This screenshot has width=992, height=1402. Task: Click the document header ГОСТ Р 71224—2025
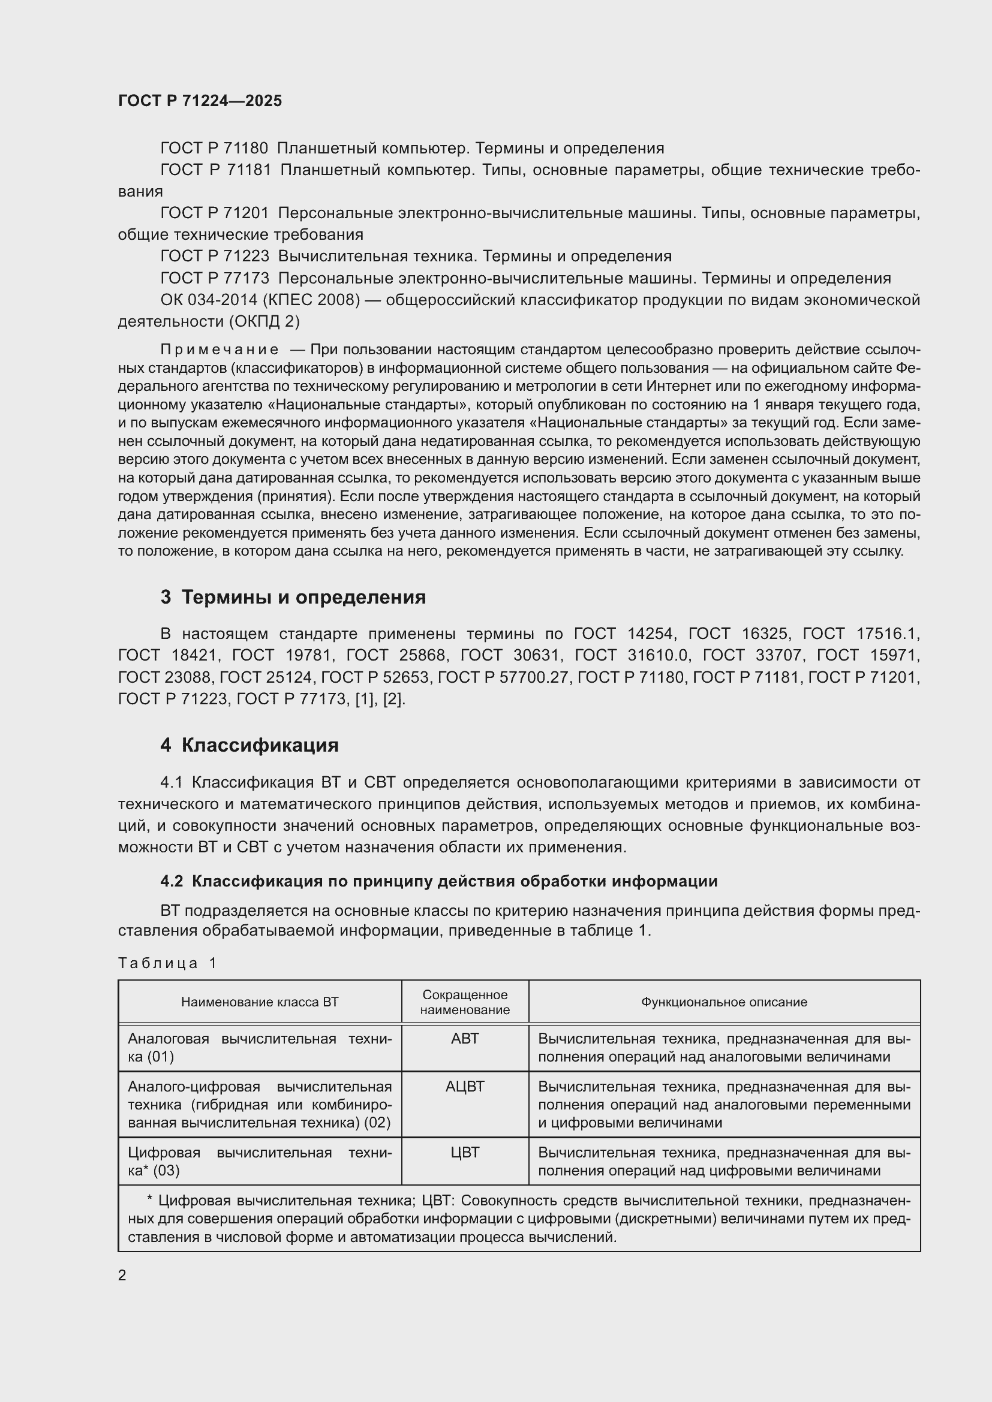pos(200,101)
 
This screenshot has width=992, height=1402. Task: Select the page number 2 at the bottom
pos(122,1275)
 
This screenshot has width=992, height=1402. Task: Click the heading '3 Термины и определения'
pos(293,596)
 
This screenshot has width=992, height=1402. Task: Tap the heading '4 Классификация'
pos(249,745)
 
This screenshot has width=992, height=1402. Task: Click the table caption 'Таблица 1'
pos(167,963)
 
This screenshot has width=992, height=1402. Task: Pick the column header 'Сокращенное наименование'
pos(465,1002)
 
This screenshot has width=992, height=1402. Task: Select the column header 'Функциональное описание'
pos(724,1002)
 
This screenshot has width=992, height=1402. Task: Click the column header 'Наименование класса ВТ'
pos(260,1002)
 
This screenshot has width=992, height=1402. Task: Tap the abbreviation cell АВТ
pos(465,1039)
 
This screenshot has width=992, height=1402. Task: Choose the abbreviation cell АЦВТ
pos(465,1086)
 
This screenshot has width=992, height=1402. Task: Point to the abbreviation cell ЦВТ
pos(465,1152)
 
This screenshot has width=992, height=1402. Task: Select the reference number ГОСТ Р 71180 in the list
pos(214,149)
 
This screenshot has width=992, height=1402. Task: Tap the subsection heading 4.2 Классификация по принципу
pos(438,881)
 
